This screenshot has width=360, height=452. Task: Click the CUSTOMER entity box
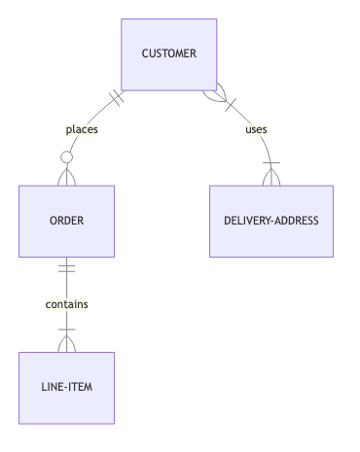[168, 53]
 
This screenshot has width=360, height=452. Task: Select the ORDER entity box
[66, 221]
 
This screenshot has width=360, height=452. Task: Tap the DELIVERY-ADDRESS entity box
[270, 221]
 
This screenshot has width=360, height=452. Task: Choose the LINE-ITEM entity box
[66, 388]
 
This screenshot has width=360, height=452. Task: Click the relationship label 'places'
[82, 129]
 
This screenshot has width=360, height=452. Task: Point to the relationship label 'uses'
[257, 129]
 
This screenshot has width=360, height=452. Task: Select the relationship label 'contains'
[66, 304]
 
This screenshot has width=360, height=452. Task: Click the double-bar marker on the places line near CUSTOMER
[118, 98]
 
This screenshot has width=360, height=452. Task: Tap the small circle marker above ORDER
[66, 156]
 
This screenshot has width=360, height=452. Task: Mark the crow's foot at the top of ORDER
[66, 176]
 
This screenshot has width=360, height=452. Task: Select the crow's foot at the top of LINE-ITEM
[66, 343]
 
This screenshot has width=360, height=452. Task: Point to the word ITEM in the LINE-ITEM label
[82, 388]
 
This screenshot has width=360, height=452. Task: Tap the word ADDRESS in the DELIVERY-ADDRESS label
[296, 221]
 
